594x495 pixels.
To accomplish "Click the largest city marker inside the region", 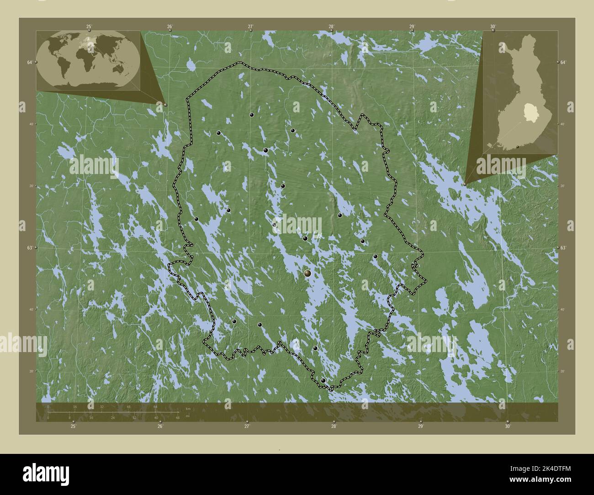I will coord(308,273).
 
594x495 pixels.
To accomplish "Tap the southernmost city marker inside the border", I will coord(323,380).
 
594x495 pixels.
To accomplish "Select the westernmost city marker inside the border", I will coord(196,219).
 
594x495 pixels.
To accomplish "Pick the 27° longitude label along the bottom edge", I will coord(247,427).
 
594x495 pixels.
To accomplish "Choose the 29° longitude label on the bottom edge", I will coord(420,427).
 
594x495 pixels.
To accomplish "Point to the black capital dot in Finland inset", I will coord(517,147).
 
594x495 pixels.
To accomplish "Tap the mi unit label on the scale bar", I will coord(187,417).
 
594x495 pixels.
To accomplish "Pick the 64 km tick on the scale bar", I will coord(155,406).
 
